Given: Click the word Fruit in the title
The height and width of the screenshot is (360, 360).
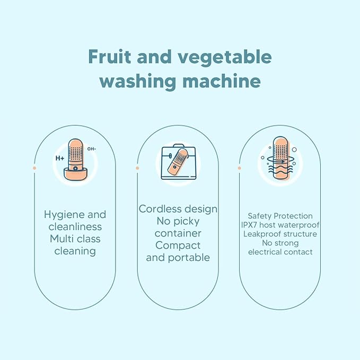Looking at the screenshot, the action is point(110,57).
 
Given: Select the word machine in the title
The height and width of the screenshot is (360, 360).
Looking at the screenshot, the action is point(222,81).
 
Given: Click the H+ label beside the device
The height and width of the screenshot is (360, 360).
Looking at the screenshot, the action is point(60,158).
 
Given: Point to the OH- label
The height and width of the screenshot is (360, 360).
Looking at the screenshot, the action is point(91,149).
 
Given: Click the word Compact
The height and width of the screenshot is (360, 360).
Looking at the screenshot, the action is point(178,246).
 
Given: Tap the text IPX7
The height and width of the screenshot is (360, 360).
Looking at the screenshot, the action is point(249,225).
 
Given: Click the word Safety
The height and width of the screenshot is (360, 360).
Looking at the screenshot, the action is point(259,216).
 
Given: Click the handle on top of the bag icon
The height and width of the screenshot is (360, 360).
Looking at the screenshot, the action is point(179,146).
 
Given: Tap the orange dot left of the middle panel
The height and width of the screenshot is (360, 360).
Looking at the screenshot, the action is point(137,168).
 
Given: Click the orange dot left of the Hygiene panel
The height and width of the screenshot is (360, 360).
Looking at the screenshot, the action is point(34,168).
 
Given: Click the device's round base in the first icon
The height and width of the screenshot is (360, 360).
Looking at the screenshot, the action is point(75,174).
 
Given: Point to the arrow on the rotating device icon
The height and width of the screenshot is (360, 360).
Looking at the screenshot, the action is point(280,162).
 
